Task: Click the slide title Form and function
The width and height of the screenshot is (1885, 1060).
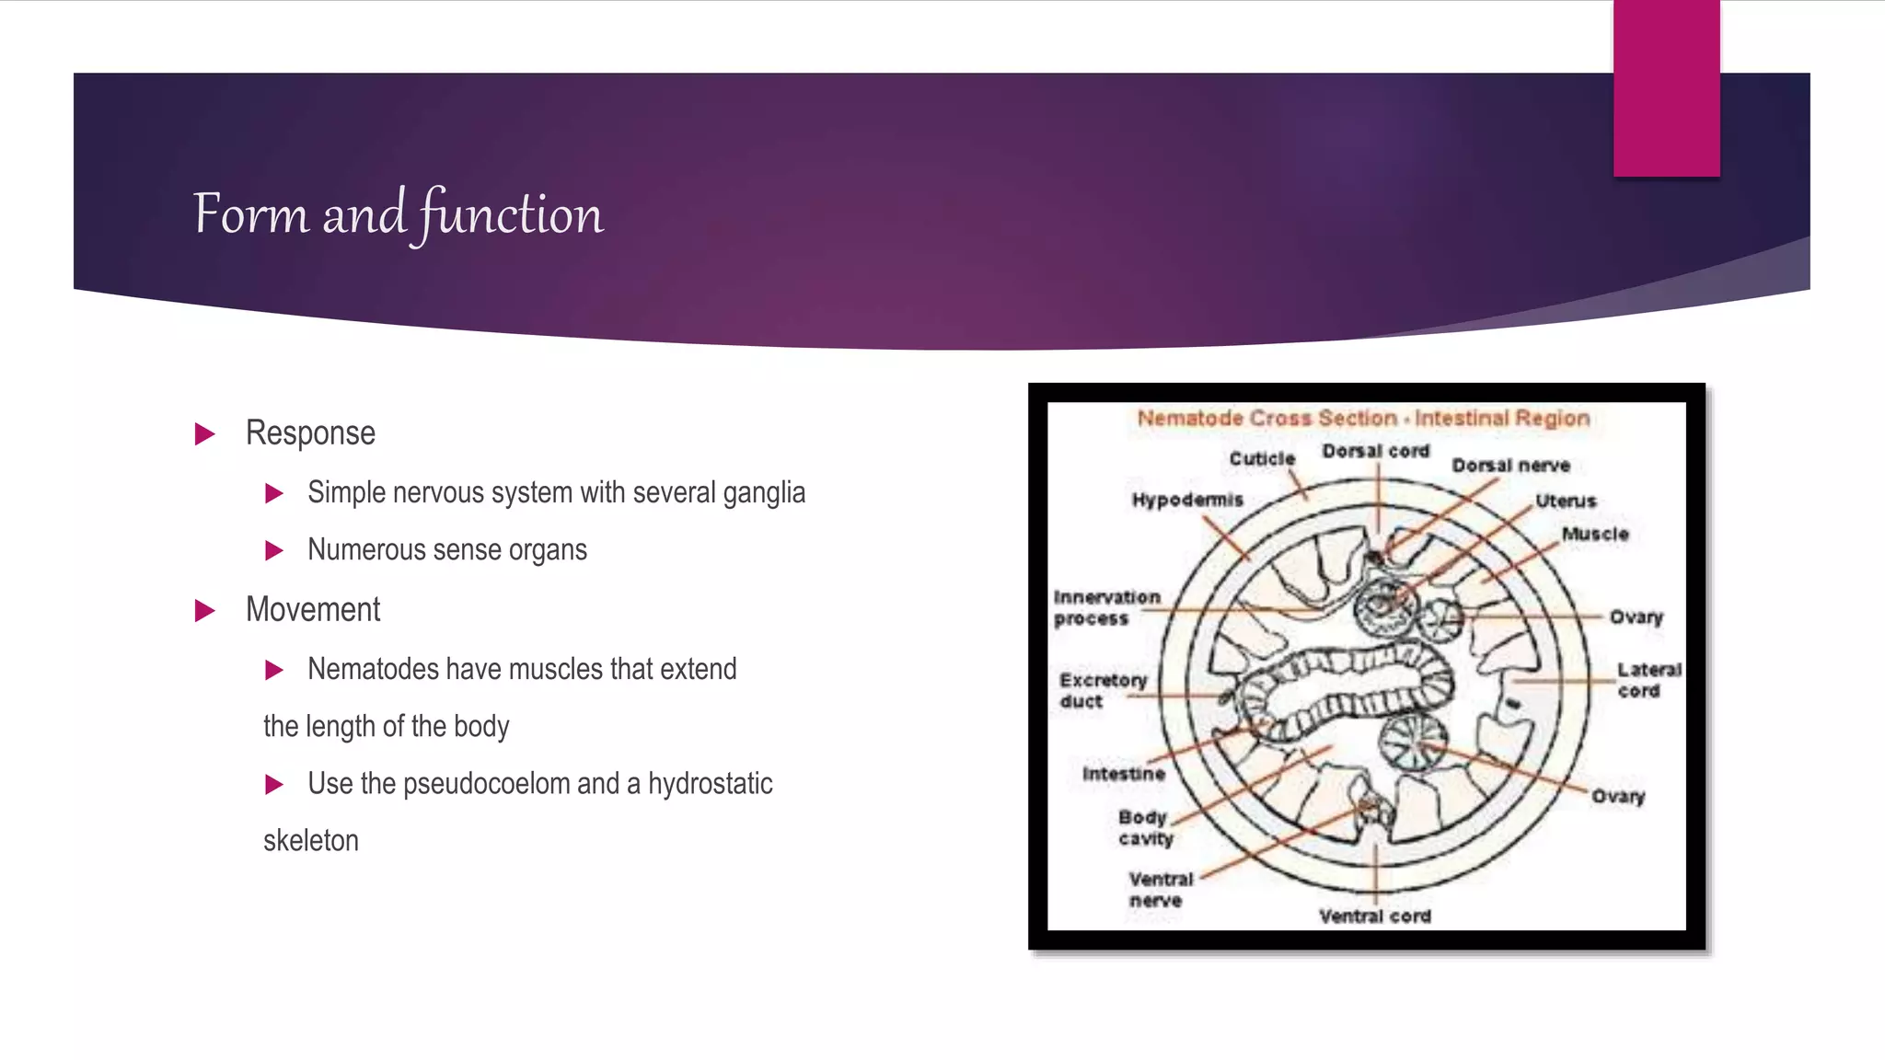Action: pyautogui.click(x=398, y=214)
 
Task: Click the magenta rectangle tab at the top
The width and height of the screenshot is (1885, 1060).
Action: pyautogui.click(x=1666, y=88)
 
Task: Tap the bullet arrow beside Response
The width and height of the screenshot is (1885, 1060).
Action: pyautogui.click(x=205, y=433)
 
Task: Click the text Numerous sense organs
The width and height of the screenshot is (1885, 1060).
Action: pyautogui.click(x=446, y=550)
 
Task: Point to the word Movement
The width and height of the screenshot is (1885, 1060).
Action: pyautogui.click(x=313, y=610)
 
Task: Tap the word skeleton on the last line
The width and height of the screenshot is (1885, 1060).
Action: pyautogui.click(x=310, y=841)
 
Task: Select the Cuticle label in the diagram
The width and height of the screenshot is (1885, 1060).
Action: pyautogui.click(x=1262, y=458)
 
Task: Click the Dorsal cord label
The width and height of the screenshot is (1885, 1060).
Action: pyautogui.click(x=1375, y=451)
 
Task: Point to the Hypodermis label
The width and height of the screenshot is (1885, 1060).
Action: pyautogui.click(x=1186, y=500)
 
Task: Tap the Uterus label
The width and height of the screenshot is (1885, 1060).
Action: pyautogui.click(x=1565, y=501)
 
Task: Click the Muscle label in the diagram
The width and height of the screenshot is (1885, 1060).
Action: pyautogui.click(x=1594, y=534)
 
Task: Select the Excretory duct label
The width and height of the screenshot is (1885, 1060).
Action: pyautogui.click(x=1102, y=690)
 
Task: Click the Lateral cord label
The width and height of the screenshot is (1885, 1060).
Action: pyautogui.click(x=1648, y=680)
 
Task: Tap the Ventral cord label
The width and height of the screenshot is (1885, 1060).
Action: pyautogui.click(x=1374, y=916)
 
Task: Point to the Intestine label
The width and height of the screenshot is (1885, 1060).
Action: pyautogui.click(x=1123, y=774)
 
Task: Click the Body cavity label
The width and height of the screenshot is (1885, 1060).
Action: pyautogui.click(x=1144, y=827)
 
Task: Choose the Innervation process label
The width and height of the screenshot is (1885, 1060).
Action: pyautogui.click(x=1105, y=607)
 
